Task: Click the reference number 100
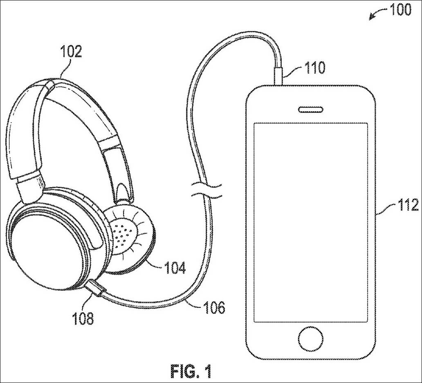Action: tap(400, 9)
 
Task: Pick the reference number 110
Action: tap(314, 67)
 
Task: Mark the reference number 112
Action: tap(407, 204)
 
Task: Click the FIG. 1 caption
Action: tap(191, 371)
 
